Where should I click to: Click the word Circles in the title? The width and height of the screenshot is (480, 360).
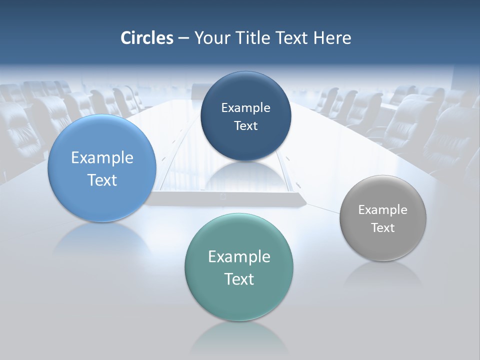coord(146,38)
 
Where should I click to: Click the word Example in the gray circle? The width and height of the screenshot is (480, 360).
coord(383,210)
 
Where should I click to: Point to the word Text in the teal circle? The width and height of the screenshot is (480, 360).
coord(239,279)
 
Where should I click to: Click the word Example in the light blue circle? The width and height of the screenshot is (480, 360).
coord(102,158)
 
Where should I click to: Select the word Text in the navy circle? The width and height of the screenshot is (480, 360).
coord(245,126)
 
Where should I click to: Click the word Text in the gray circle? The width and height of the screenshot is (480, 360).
coord(383,228)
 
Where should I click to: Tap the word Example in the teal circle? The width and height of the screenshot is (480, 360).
coord(239,257)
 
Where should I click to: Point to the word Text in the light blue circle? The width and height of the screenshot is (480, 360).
coord(102,180)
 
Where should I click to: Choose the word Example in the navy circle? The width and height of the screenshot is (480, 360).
coord(245,108)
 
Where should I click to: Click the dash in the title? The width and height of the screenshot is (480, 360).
coord(183,38)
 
